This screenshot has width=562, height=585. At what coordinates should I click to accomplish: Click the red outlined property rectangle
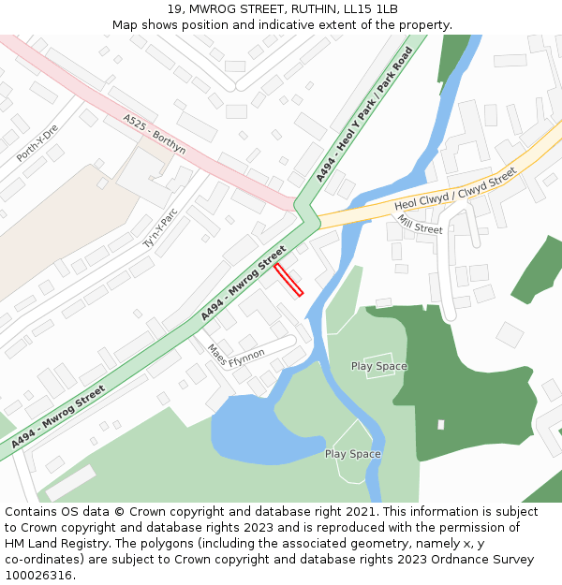(288, 280)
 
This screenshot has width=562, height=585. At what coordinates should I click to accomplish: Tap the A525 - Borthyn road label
(154, 135)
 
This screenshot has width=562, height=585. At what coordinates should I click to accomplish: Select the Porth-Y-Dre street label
(37, 143)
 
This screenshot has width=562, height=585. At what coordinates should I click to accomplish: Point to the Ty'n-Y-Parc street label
(159, 227)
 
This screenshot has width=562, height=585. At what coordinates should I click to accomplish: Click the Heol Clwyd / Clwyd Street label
(455, 190)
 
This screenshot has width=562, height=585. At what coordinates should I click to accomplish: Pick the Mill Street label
(419, 224)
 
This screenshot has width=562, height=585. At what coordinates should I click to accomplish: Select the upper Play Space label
(378, 366)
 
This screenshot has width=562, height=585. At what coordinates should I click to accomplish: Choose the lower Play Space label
(352, 454)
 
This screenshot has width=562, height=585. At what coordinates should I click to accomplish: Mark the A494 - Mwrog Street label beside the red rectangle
(243, 283)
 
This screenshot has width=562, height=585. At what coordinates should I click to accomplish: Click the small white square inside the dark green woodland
(440, 424)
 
